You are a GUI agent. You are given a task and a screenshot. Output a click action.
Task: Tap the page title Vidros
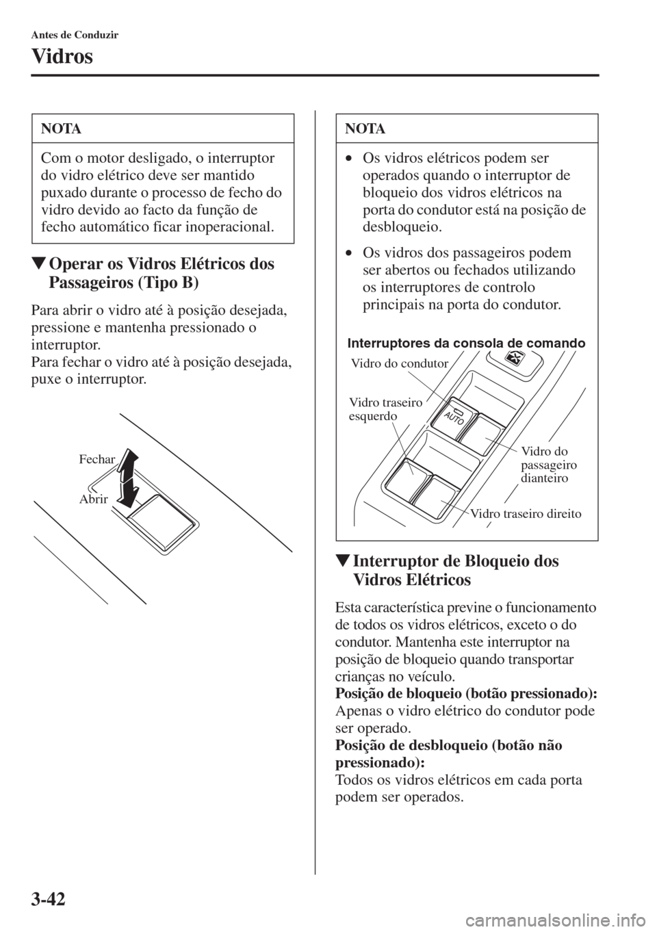[62, 57]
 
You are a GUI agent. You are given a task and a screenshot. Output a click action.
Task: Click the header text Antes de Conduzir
[75, 35]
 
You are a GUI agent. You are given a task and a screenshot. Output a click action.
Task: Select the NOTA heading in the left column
[61, 129]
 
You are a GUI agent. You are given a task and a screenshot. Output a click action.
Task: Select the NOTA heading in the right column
[365, 129]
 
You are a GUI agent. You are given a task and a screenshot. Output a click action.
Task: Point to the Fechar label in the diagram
[96, 459]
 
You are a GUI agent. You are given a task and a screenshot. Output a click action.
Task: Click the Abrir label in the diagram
[93, 499]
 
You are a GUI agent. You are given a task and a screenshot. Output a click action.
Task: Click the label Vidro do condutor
[400, 363]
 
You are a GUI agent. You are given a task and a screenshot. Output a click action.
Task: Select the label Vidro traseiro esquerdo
[385, 409]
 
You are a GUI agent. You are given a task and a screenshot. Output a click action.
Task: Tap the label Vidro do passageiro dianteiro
[549, 465]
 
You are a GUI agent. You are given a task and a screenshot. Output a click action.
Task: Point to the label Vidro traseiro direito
[526, 514]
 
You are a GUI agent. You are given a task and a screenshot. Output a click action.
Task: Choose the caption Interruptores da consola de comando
[466, 344]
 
